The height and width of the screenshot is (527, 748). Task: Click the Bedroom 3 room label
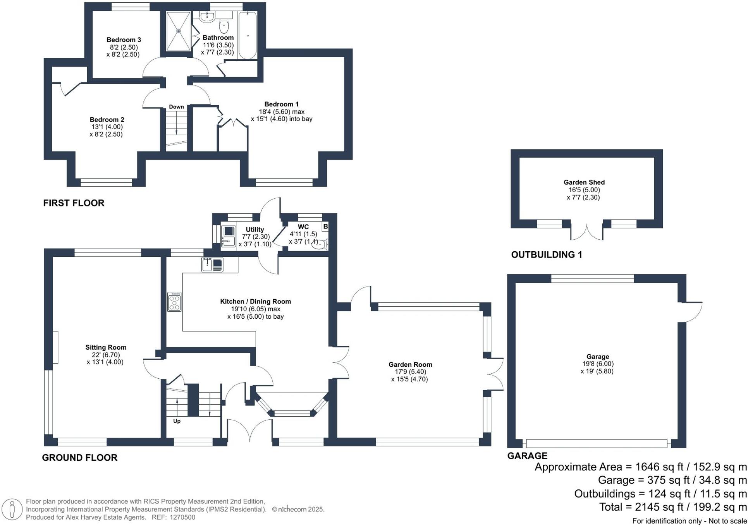tap(124, 40)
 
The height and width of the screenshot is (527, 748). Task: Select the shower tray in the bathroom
tap(179, 31)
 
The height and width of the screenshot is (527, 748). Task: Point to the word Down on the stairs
tap(176, 107)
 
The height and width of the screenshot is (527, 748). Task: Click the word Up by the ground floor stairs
tap(177, 421)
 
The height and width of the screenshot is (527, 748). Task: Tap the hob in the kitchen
tap(174, 302)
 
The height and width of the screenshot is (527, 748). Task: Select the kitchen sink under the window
tap(212, 265)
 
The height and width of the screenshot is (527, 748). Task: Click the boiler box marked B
tap(325, 227)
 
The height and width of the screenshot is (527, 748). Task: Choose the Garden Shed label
tap(584, 182)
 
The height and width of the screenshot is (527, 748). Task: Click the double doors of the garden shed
tap(587, 232)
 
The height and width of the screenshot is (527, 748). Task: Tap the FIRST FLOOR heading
tap(74, 203)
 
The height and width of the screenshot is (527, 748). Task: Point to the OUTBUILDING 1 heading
tap(547, 255)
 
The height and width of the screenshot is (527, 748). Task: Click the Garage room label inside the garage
tap(598, 357)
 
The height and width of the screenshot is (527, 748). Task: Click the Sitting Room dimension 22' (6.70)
tap(103, 355)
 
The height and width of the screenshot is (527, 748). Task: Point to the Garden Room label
tap(410, 364)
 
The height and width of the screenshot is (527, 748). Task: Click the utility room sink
tap(228, 236)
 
